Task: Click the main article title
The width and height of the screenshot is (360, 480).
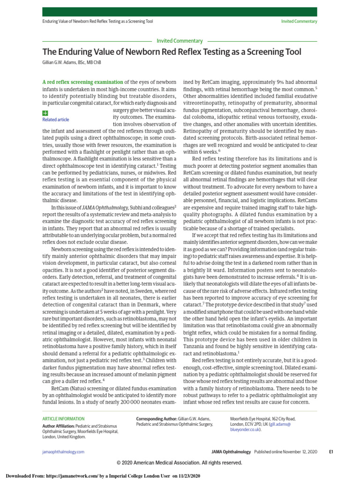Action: tap(172, 52)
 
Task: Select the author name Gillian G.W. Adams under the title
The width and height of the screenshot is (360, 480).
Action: tap(71, 62)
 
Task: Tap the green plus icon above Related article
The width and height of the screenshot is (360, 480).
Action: tap(45, 113)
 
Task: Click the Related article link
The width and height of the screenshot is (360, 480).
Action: tap(55, 120)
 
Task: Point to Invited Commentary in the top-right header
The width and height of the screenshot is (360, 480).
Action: tap(299, 21)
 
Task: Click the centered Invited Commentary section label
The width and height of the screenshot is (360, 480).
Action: tap(180, 41)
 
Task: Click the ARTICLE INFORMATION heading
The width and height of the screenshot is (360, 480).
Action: tap(63, 419)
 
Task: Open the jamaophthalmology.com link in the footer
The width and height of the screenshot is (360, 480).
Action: tap(63, 451)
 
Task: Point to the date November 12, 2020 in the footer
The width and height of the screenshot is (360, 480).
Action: tap(300, 451)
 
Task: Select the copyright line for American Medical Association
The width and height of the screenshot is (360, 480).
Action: tap(180, 462)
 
